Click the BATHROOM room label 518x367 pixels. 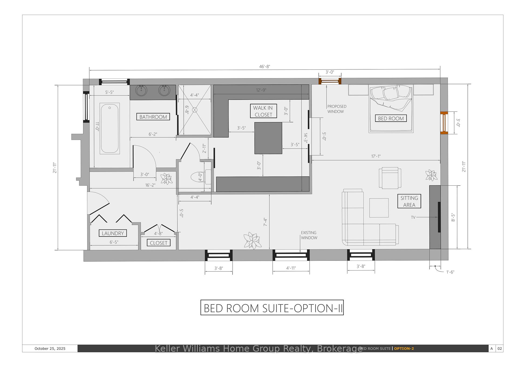153,117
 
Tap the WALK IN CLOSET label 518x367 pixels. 263,111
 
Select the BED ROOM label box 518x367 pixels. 391,118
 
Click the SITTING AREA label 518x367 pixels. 409,201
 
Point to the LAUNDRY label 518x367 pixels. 113,233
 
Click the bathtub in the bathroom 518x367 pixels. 110,128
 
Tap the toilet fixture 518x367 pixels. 201,177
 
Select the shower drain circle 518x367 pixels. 195,110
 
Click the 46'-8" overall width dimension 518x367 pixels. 265,66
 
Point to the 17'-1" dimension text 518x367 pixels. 376,156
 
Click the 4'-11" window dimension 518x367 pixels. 291,268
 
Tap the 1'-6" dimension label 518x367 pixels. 450,272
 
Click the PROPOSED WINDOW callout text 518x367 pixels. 337,109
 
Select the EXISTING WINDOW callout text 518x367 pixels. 309,235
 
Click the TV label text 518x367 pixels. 413,217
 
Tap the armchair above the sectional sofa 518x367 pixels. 390,178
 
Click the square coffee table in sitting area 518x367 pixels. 379,208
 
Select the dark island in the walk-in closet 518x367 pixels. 268,138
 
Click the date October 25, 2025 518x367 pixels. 50,348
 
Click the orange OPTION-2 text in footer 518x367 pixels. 404,348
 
